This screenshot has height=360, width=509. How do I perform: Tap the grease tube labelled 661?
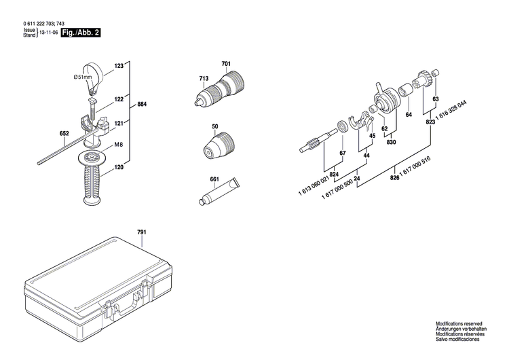pyautogui.click(x=219, y=193)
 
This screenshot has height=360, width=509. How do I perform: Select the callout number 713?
pyautogui.click(x=202, y=79)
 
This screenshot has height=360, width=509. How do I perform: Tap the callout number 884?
pyautogui.click(x=142, y=105)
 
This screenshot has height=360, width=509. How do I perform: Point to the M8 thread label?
pyautogui.click(x=118, y=145)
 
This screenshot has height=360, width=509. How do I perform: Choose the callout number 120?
pyautogui.click(x=119, y=166)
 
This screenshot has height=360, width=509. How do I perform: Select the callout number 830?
pyautogui.click(x=392, y=143)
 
